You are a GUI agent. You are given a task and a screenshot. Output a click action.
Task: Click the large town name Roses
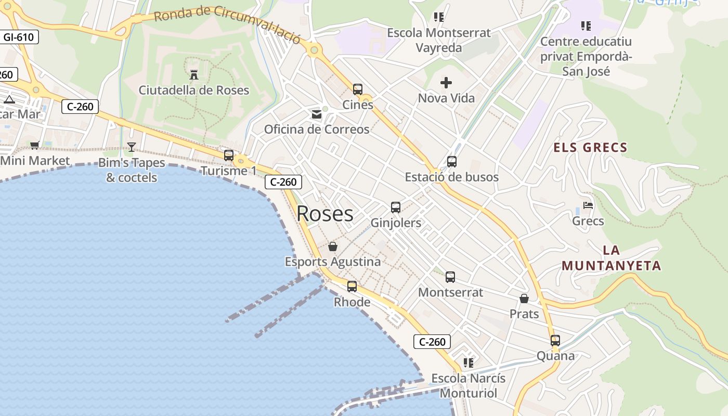325,214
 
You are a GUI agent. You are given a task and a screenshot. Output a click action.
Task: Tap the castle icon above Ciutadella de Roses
194,74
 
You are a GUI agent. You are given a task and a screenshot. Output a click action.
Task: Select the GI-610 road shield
18,37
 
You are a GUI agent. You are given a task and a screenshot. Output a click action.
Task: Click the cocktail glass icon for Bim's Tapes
132,147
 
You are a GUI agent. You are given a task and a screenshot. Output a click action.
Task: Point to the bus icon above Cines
358,89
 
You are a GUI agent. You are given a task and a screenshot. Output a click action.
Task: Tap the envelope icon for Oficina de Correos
317,114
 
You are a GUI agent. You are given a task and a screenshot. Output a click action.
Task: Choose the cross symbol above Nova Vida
446,82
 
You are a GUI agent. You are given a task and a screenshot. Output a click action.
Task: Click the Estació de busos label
451,177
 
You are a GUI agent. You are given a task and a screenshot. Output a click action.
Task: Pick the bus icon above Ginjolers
396,207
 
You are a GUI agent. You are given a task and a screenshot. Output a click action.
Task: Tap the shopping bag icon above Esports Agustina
333,246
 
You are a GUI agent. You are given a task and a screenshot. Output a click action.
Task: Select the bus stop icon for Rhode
352,287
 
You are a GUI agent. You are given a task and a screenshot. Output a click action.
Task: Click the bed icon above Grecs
588,205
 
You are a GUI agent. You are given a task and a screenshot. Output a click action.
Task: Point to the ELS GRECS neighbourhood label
590,148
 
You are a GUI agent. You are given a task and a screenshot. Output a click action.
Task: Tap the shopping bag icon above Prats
524,298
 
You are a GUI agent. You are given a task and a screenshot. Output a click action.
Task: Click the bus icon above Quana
555,341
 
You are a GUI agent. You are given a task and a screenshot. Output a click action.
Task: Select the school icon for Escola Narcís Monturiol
469,362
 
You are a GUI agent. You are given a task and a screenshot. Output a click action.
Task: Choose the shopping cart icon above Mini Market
34,146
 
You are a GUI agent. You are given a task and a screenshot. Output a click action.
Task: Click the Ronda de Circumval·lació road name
227,23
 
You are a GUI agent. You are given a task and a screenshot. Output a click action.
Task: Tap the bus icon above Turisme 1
229,155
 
